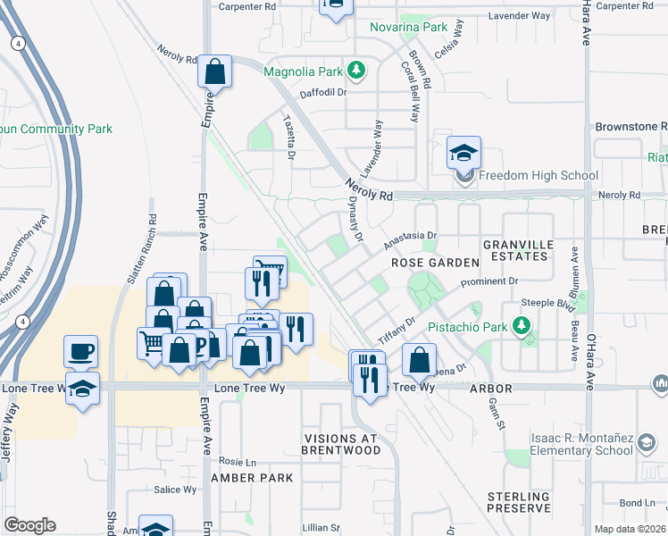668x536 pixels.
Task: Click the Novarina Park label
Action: click(409, 28)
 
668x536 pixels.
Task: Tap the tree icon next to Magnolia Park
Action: click(355, 69)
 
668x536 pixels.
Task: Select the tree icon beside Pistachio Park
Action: click(520, 327)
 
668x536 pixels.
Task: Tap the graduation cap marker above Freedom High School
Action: click(463, 155)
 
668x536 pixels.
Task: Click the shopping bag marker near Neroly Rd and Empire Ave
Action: click(215, 71)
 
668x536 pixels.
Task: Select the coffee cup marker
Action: click(81, 352)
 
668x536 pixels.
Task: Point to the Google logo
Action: click(29, 525)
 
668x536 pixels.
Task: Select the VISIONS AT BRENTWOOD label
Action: click(342, 444)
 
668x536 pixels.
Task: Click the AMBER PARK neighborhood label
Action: click(252, 478)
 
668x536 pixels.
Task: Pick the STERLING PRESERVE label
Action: click(519, 502)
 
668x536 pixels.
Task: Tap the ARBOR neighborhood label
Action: click(490, 389)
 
